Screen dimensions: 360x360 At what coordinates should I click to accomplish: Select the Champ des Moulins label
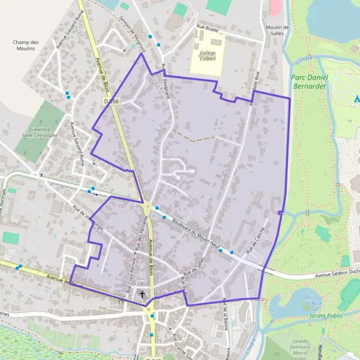point(26,46)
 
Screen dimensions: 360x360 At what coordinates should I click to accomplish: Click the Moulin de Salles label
point(277,31)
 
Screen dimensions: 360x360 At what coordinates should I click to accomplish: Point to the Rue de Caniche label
point(256,245)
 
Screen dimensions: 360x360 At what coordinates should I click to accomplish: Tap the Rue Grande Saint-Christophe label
point(181,347)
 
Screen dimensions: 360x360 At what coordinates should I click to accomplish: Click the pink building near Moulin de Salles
point(275,7)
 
